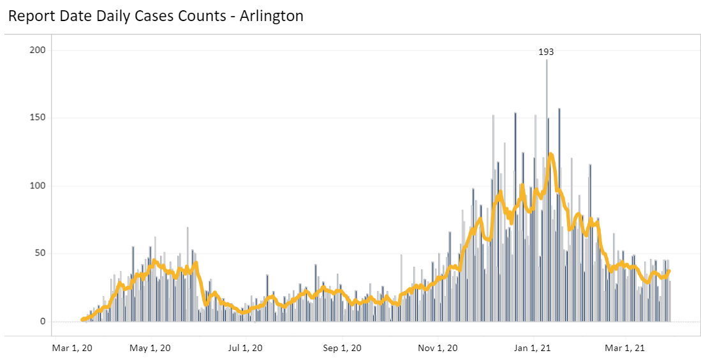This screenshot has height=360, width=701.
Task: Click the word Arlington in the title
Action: click(x=271, y=17)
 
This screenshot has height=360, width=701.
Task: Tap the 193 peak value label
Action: click(x=546, y=52)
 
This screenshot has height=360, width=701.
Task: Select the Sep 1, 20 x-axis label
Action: click(x=343, y=348)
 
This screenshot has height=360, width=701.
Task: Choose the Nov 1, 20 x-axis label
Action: click(x=439, y=348)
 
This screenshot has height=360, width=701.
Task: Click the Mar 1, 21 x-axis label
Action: click(x=626, y=348)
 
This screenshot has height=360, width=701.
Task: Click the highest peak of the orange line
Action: click(x=550, y=154)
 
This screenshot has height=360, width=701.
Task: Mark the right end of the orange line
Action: click(x=669, y=271)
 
